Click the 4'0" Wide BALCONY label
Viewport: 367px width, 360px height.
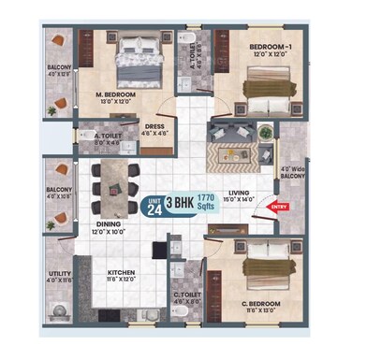pos(292,175)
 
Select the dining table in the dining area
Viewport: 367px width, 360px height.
pos(114,183)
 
